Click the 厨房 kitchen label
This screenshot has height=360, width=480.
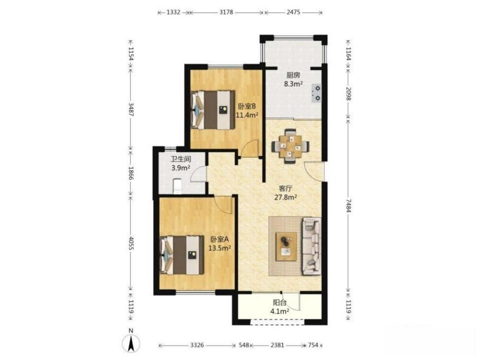point(293,75)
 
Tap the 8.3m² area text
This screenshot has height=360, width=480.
point(293,84)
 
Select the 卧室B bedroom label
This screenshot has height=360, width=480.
point(247,107)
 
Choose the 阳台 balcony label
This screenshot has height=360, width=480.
point(280,303)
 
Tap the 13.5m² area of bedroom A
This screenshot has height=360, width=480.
point(220,248)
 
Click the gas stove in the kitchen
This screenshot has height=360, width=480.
point(316,93)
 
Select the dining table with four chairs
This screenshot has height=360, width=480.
point(290,146)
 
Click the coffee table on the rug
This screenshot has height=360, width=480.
point(286,246)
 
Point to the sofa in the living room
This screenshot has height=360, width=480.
point(312,246)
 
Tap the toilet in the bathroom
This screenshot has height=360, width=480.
point(177,186)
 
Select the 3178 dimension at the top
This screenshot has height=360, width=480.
point(226,12)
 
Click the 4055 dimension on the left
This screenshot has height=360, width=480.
point(131,243)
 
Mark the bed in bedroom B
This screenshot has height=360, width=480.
point(213,110)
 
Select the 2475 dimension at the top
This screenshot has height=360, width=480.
point(294,12)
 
